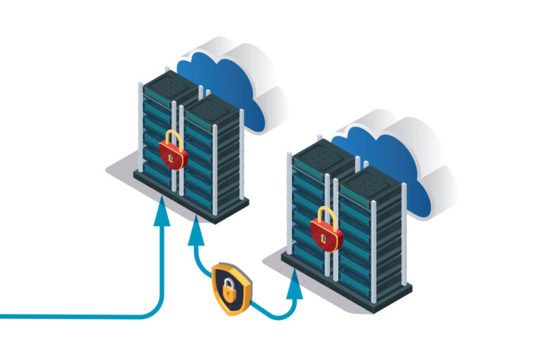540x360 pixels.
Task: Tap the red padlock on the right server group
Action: point(326,231)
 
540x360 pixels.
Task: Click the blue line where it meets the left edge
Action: point(3,317)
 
